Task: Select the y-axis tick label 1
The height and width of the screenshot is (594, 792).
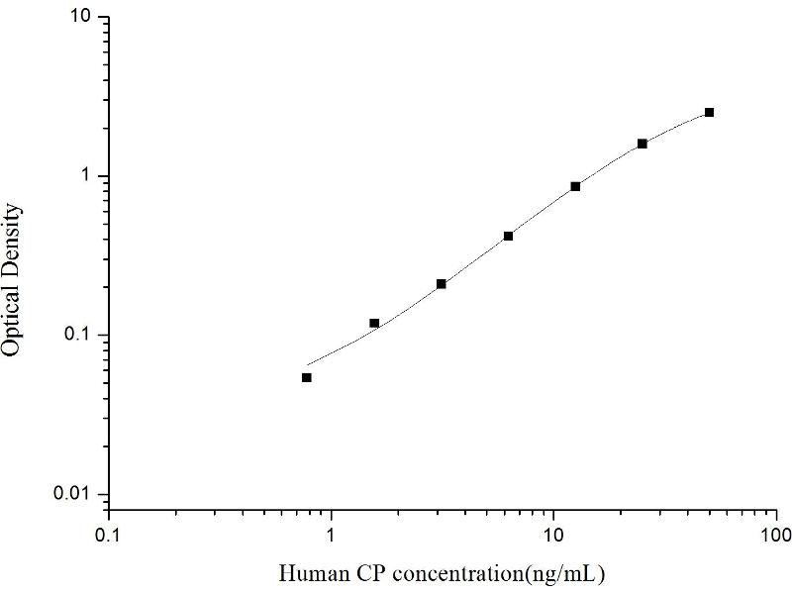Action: point(88,176)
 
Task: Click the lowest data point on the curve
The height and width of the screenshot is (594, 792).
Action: point(307,377)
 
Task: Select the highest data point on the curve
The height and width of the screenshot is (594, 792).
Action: point(709,113)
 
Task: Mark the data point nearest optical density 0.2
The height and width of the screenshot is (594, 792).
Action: point(441,284)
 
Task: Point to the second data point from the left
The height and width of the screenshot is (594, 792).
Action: point(374,323)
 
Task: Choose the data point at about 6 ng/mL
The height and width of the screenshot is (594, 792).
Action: point(508,236)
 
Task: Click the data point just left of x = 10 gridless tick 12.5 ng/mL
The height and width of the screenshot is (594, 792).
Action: point(575,186)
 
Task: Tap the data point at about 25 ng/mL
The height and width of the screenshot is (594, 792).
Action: point(642,144)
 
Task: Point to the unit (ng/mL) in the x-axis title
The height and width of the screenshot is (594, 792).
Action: point(567,573)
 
